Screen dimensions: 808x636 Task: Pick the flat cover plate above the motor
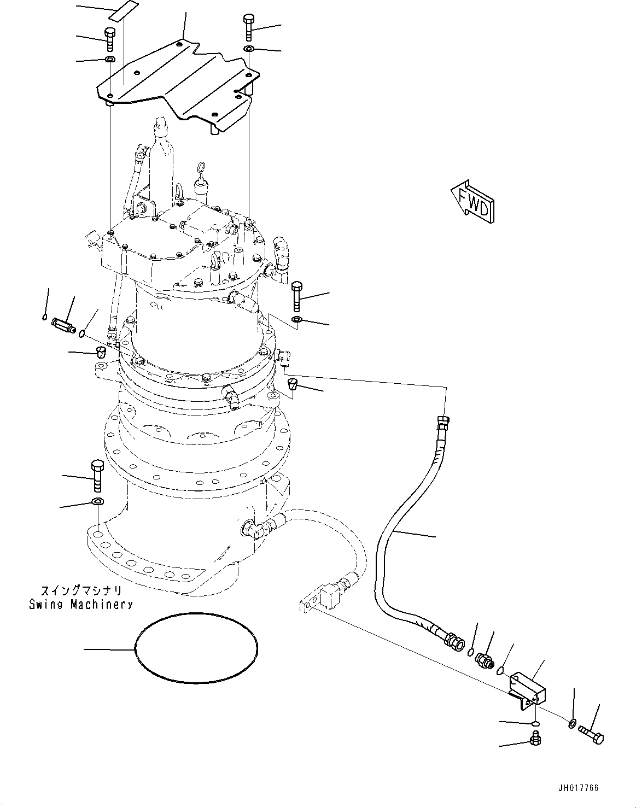click(x=175, y=82)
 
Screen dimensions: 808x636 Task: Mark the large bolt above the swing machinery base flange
click(x=97, y=475)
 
